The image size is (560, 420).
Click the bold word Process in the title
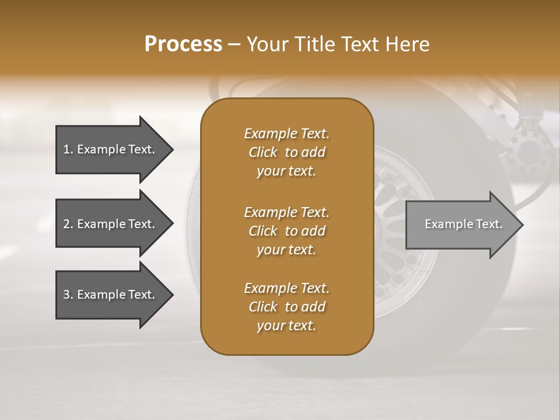pyautogui.click(x=183, y=44)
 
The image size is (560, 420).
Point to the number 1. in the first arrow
pyautogui.click(x=68, y=149)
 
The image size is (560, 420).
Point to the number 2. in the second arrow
pyautogui.click(x=68, y=224)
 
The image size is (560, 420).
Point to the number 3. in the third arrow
pyautogui.click(x=68, y=295)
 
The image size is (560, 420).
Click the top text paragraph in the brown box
pyautogui.click(x=286, y=152)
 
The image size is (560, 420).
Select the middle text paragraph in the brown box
pyautogui.click(x=286, y=231)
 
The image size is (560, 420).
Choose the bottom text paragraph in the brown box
pyautogui.click(x=286, y=307)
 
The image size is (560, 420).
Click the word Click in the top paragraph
pyautogui.click(x=263, y=152)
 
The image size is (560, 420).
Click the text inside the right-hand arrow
pyautogui.click(x=463, y=224)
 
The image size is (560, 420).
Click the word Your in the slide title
pyautogui.click(x=265, y=44)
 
